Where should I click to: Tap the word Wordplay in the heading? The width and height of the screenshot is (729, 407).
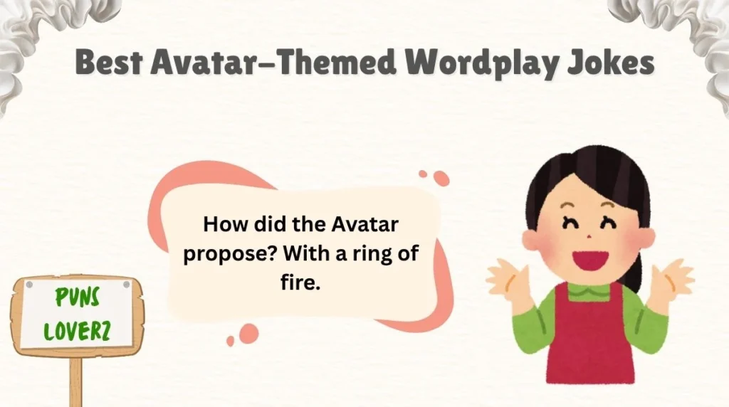coord(468,63)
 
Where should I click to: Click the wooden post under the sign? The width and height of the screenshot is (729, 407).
coord(75,381)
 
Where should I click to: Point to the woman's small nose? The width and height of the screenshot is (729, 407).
coord(589,235)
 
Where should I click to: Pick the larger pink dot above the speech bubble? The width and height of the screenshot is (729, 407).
coord(441,179)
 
